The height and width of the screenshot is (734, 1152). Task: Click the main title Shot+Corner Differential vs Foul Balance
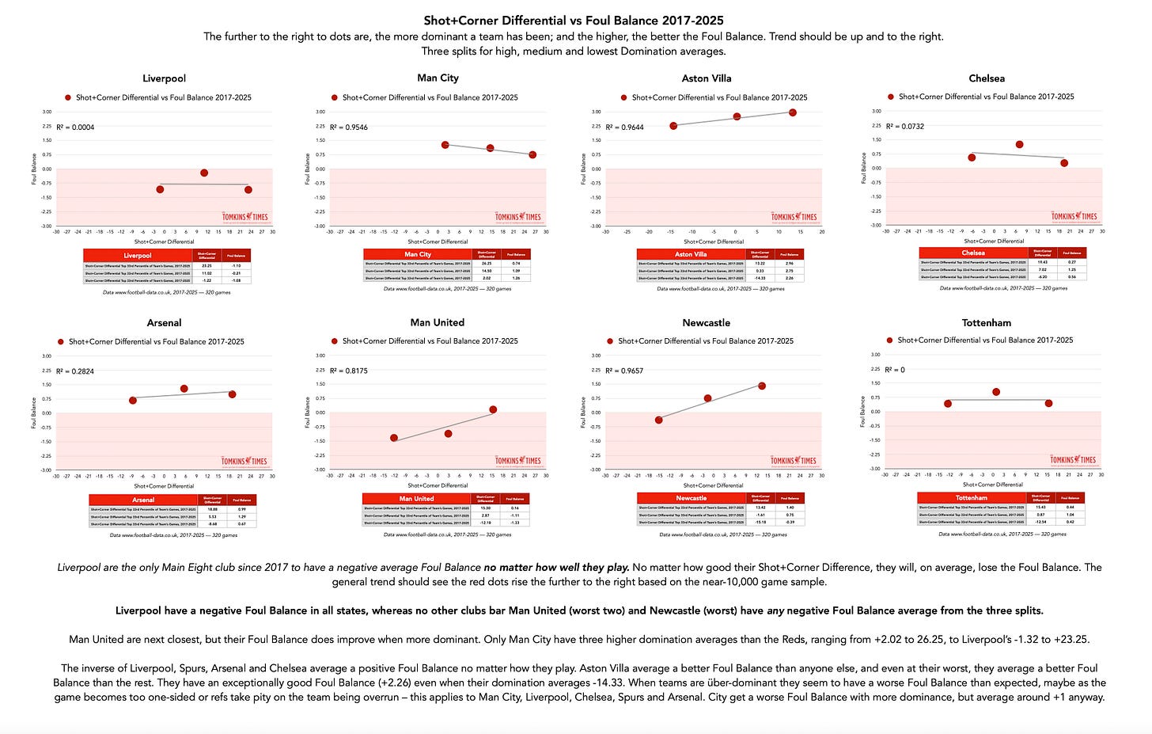pyautogui.click(x=574, y=21)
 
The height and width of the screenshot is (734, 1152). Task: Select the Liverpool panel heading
pyautogui.click(x=164, y=78)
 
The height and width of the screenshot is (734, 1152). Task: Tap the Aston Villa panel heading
pyautogui.click(x=707, y=78)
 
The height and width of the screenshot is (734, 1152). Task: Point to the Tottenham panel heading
pyautogui.click(x=986, y=322)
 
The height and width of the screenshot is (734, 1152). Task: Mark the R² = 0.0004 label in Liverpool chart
pyautogui.click(x=75, y=127)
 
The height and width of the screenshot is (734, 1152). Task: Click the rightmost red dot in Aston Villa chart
pyautogui.click(x=792, y=112)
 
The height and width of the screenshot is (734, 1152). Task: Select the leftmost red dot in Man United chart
pyautogui.click(x=394, y=438)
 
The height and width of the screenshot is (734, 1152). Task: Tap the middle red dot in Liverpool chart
pyautogui.click(x=204, y=173)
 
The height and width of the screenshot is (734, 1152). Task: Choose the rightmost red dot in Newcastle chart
pyautogui.click(x=762, y=386)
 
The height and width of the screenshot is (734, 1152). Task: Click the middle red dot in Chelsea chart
pyautogui.click(x=1019, y=145)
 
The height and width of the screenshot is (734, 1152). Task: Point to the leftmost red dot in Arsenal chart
pyautogui.click(x=133, y=401)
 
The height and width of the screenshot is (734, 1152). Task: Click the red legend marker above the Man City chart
pyautogui.click(x=334, y=97)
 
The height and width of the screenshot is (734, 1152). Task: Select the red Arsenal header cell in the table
pyautogui.click(x=143, y=500)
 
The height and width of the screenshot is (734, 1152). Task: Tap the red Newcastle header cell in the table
pyautogui.click(x=691, y=498)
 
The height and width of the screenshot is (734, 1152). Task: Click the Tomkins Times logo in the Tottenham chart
pyautogui.click(x=1074, y=459)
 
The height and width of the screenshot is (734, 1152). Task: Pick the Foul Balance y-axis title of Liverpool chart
pyautogui.click(x=34, y=169)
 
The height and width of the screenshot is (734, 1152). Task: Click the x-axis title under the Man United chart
pyautogui.click(x=438, y=485)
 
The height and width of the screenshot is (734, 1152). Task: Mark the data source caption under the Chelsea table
pyautogui.click(x=1002, y=288)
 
